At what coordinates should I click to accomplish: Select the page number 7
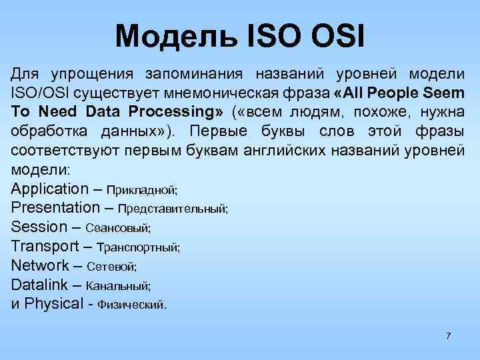[x=448, y=335]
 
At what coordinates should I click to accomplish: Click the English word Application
[x=50, y=189]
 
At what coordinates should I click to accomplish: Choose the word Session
[x=39, y=227]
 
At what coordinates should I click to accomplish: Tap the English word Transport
[x=45, y=246]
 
